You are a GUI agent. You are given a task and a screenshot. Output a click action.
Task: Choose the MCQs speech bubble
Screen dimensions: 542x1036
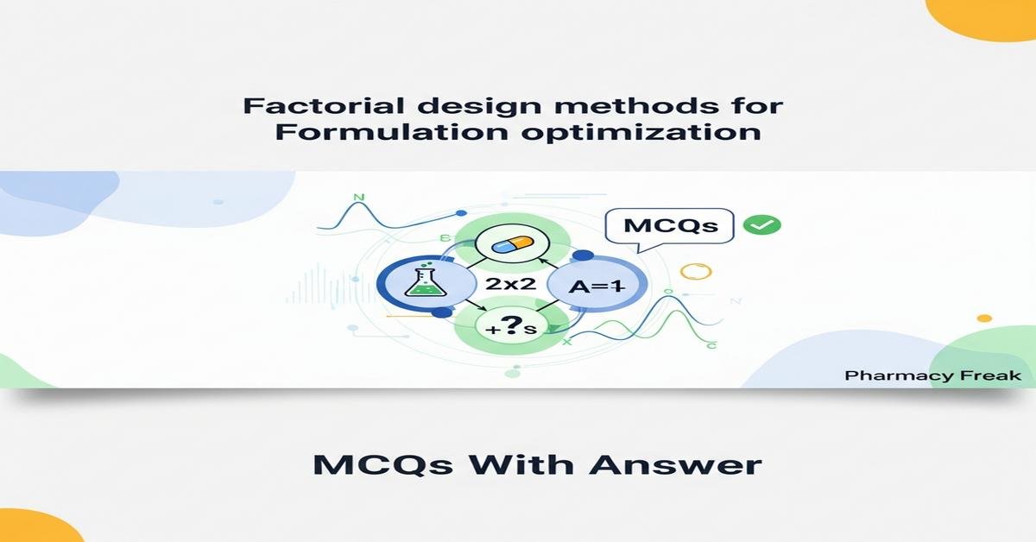pyautogui.click(x=671, y=226)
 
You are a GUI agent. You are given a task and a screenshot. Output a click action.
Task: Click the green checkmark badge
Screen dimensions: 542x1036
pyautogui.click(x=761, y=225)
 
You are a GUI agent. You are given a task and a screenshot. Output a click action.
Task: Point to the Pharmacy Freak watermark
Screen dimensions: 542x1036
pyautogui.click(x=932, y=375)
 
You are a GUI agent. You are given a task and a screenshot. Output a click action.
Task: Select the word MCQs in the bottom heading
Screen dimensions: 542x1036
pyautogui.click(x=382, y=464)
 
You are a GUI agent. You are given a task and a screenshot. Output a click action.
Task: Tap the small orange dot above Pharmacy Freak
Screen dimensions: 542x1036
pyautogui.click(x=983, y=318)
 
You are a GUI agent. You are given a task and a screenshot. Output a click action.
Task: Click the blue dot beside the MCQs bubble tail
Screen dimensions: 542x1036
pyautogui.click(x=582, y=255)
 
